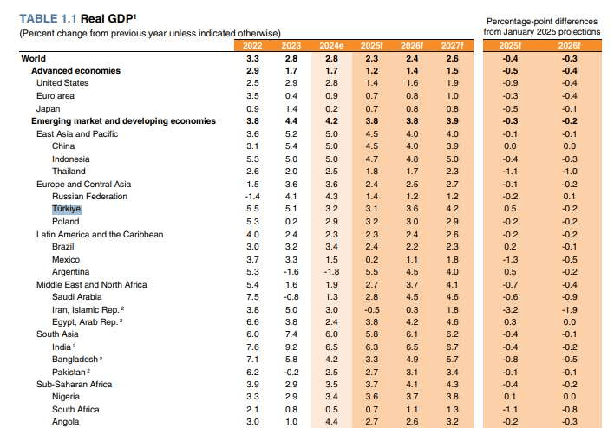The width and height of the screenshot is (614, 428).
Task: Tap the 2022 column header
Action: point(252,46)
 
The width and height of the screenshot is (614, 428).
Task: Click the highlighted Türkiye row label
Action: point(67,209)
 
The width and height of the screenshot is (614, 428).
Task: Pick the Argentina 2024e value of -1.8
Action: point(330,271)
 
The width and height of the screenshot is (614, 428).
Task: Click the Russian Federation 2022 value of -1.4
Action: point(252,197)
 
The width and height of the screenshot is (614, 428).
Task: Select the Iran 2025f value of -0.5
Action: point(370,309)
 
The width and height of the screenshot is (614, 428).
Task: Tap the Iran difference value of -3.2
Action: point(511,309)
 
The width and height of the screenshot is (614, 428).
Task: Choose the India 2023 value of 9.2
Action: point(291,347)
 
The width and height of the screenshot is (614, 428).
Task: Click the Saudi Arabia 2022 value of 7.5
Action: point(252,296)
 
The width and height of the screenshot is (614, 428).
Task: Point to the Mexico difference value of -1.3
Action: point(511,259)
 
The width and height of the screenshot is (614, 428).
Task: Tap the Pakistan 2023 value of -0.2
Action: point(291,372)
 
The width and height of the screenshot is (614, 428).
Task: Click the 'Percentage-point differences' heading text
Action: point(541,19)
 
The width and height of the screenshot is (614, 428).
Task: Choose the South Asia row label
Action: point(57,334)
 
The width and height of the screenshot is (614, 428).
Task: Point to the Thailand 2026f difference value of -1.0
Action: point(569,172)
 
